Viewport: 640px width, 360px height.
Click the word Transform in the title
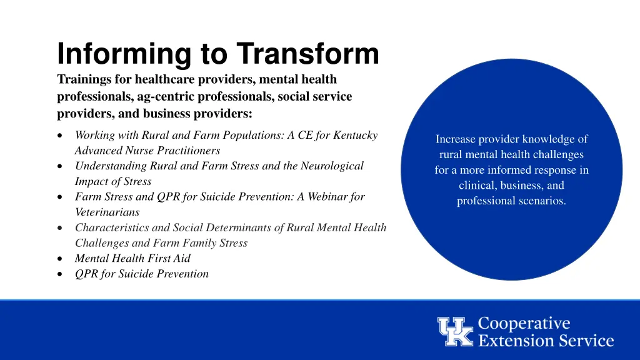[307, 54]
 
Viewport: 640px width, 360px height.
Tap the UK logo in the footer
[455, 332]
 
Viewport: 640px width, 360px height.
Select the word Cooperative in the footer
[524, 324]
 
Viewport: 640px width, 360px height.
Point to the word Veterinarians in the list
[107, 212]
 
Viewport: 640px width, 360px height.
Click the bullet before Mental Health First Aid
[59, 259]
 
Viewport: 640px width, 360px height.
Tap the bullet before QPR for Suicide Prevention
[59, 274]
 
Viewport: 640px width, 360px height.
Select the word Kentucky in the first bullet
[356, 135]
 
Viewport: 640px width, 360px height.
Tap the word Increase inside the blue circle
[456, 139]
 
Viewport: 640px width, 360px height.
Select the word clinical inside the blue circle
[476, 186]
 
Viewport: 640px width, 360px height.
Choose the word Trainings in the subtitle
[83, 79]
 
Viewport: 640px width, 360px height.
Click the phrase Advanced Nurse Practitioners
[147, 151]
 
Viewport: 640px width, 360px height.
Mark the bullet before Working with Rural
[59, 136]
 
